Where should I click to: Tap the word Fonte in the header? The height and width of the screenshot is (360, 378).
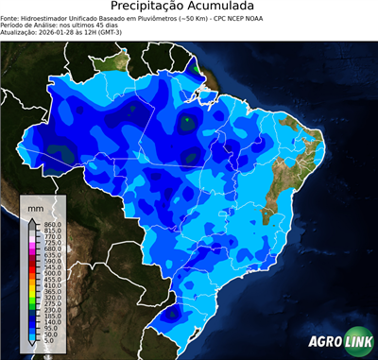coord(11,17)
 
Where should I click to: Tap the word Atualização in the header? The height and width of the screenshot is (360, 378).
coord(21,31)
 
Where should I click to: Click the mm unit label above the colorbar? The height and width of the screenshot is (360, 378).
coord(35,206)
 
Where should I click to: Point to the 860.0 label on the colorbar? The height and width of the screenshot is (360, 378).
coord(51,223)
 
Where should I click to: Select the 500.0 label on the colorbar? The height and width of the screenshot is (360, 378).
coord(51,274)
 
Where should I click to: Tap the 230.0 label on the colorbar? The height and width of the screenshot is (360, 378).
coord(51,309)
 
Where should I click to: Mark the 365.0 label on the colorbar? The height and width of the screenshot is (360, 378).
coord(51,295)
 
